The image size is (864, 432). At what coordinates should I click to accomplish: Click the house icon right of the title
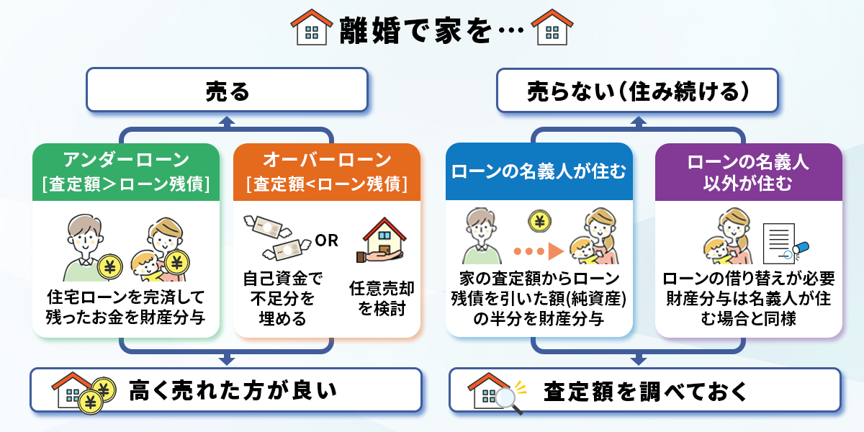tap(552, 28)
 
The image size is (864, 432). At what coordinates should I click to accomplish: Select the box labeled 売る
tap(227, 91)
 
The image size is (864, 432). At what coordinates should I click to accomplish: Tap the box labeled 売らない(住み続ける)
tap(637, 91)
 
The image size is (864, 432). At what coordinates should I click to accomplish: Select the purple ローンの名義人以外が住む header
tap(748, 172)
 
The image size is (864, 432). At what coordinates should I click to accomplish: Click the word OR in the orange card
tap(327, 240)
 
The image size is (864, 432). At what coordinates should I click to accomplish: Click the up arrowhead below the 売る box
tap(227, 122)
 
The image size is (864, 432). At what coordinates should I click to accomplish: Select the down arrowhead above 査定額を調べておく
tap(637, 358)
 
